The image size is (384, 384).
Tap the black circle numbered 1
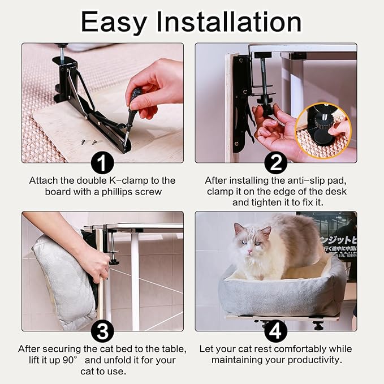pos(102,163)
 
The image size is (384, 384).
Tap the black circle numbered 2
pos(275,163)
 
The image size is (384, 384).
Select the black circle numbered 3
pos(102,331)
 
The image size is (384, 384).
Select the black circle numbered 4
pos(275,331)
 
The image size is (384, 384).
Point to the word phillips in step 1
pos(115,192)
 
